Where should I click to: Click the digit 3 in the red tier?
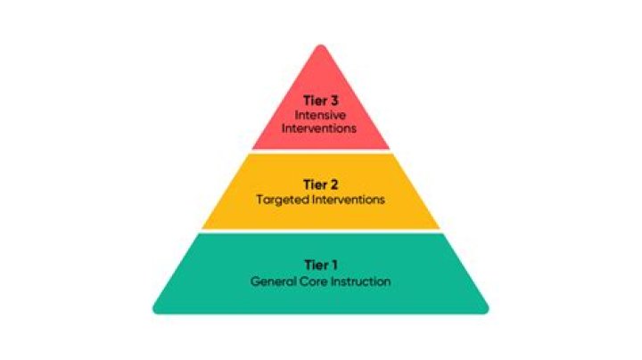point(333,101)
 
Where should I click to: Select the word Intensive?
point(320,115)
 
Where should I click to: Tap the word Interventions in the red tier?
point(319,128)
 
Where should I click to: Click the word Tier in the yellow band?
point(315,184)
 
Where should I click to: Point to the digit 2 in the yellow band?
point(333,184)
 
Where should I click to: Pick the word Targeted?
point(283,200)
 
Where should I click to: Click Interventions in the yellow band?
point(349,200)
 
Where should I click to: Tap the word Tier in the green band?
point(316,265)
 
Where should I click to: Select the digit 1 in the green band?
point(333,265)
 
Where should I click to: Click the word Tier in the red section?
point(315,101)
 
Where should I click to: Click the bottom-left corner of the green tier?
point(155,312)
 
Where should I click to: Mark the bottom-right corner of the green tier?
point(487,312)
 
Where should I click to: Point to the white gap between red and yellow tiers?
point(321,151)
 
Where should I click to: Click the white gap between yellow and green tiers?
point(321,231)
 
